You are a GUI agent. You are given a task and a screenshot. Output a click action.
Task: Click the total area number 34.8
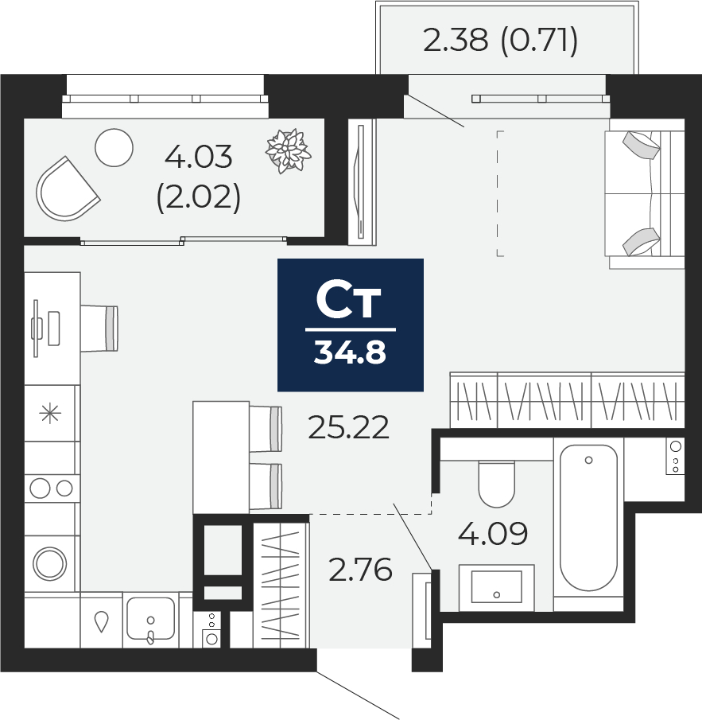point(350,353)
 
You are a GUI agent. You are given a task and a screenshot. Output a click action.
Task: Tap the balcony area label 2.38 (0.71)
point(500,41)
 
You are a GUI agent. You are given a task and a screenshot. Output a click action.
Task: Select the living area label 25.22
point(349,427)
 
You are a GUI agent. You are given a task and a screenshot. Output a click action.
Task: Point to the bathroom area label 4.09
point(493,533)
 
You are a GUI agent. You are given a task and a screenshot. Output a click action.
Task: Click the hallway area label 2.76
point(361,570)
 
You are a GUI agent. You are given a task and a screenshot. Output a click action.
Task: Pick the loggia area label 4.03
point(199,157)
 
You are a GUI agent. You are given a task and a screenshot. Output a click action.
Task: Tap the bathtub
point(588,518)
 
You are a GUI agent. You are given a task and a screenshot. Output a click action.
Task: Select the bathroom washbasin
point(496,587)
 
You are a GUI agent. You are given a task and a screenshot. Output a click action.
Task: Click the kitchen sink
point(150,620)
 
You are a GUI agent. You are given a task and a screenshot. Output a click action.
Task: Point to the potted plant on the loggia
point(288,151)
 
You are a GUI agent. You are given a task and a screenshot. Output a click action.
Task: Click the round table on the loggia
point(114,147)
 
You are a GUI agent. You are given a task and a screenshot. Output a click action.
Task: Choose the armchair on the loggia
point(67,189)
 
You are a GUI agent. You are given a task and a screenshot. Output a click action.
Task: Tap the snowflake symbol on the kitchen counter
point(50,414)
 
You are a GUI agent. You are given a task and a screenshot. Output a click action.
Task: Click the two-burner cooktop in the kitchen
point(52,488)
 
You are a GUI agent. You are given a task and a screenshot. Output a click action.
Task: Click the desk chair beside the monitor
point(99,329)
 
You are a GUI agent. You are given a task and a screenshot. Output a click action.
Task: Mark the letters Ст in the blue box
point(349,302)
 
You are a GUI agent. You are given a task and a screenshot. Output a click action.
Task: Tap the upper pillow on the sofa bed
point(641,145)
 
